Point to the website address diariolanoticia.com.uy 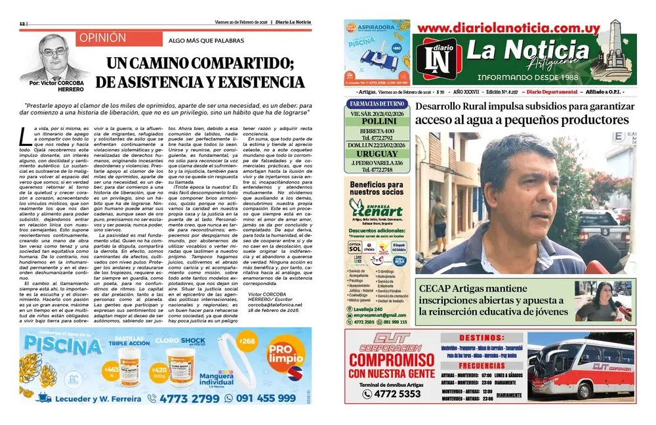coord(508,28)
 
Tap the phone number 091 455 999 coord(268,397)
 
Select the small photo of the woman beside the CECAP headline coord(603,301)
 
